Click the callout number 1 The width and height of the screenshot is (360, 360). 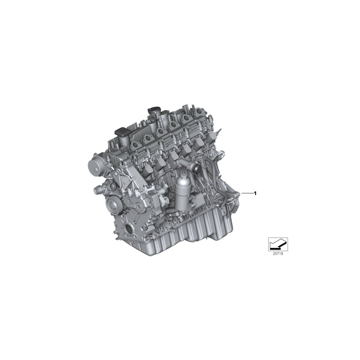255,193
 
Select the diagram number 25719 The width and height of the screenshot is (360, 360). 278,253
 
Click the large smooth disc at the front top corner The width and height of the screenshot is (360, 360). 94,165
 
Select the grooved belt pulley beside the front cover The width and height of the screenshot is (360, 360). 113,204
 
